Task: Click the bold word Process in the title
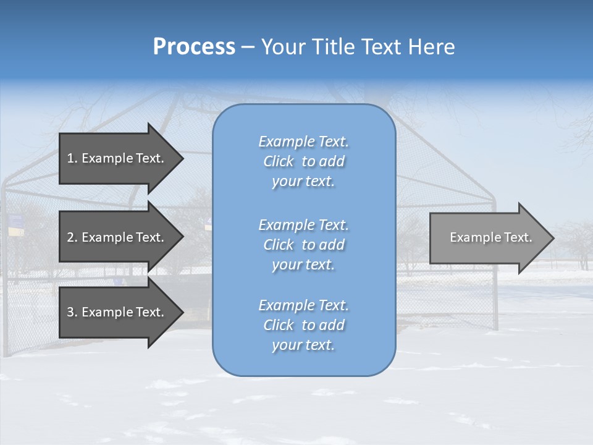coord(194,47)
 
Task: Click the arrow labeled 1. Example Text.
coord(117,158)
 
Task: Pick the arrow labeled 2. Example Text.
coord(117,237)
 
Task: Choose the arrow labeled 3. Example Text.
coord(117,312)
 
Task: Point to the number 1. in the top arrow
coord(72,158)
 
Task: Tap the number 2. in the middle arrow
coord(72,237)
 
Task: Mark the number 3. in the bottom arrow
coord(72,312)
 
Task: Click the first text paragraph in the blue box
coord(303,161)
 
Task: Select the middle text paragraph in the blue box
coord(303,245)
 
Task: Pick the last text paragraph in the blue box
coord(303,325)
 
